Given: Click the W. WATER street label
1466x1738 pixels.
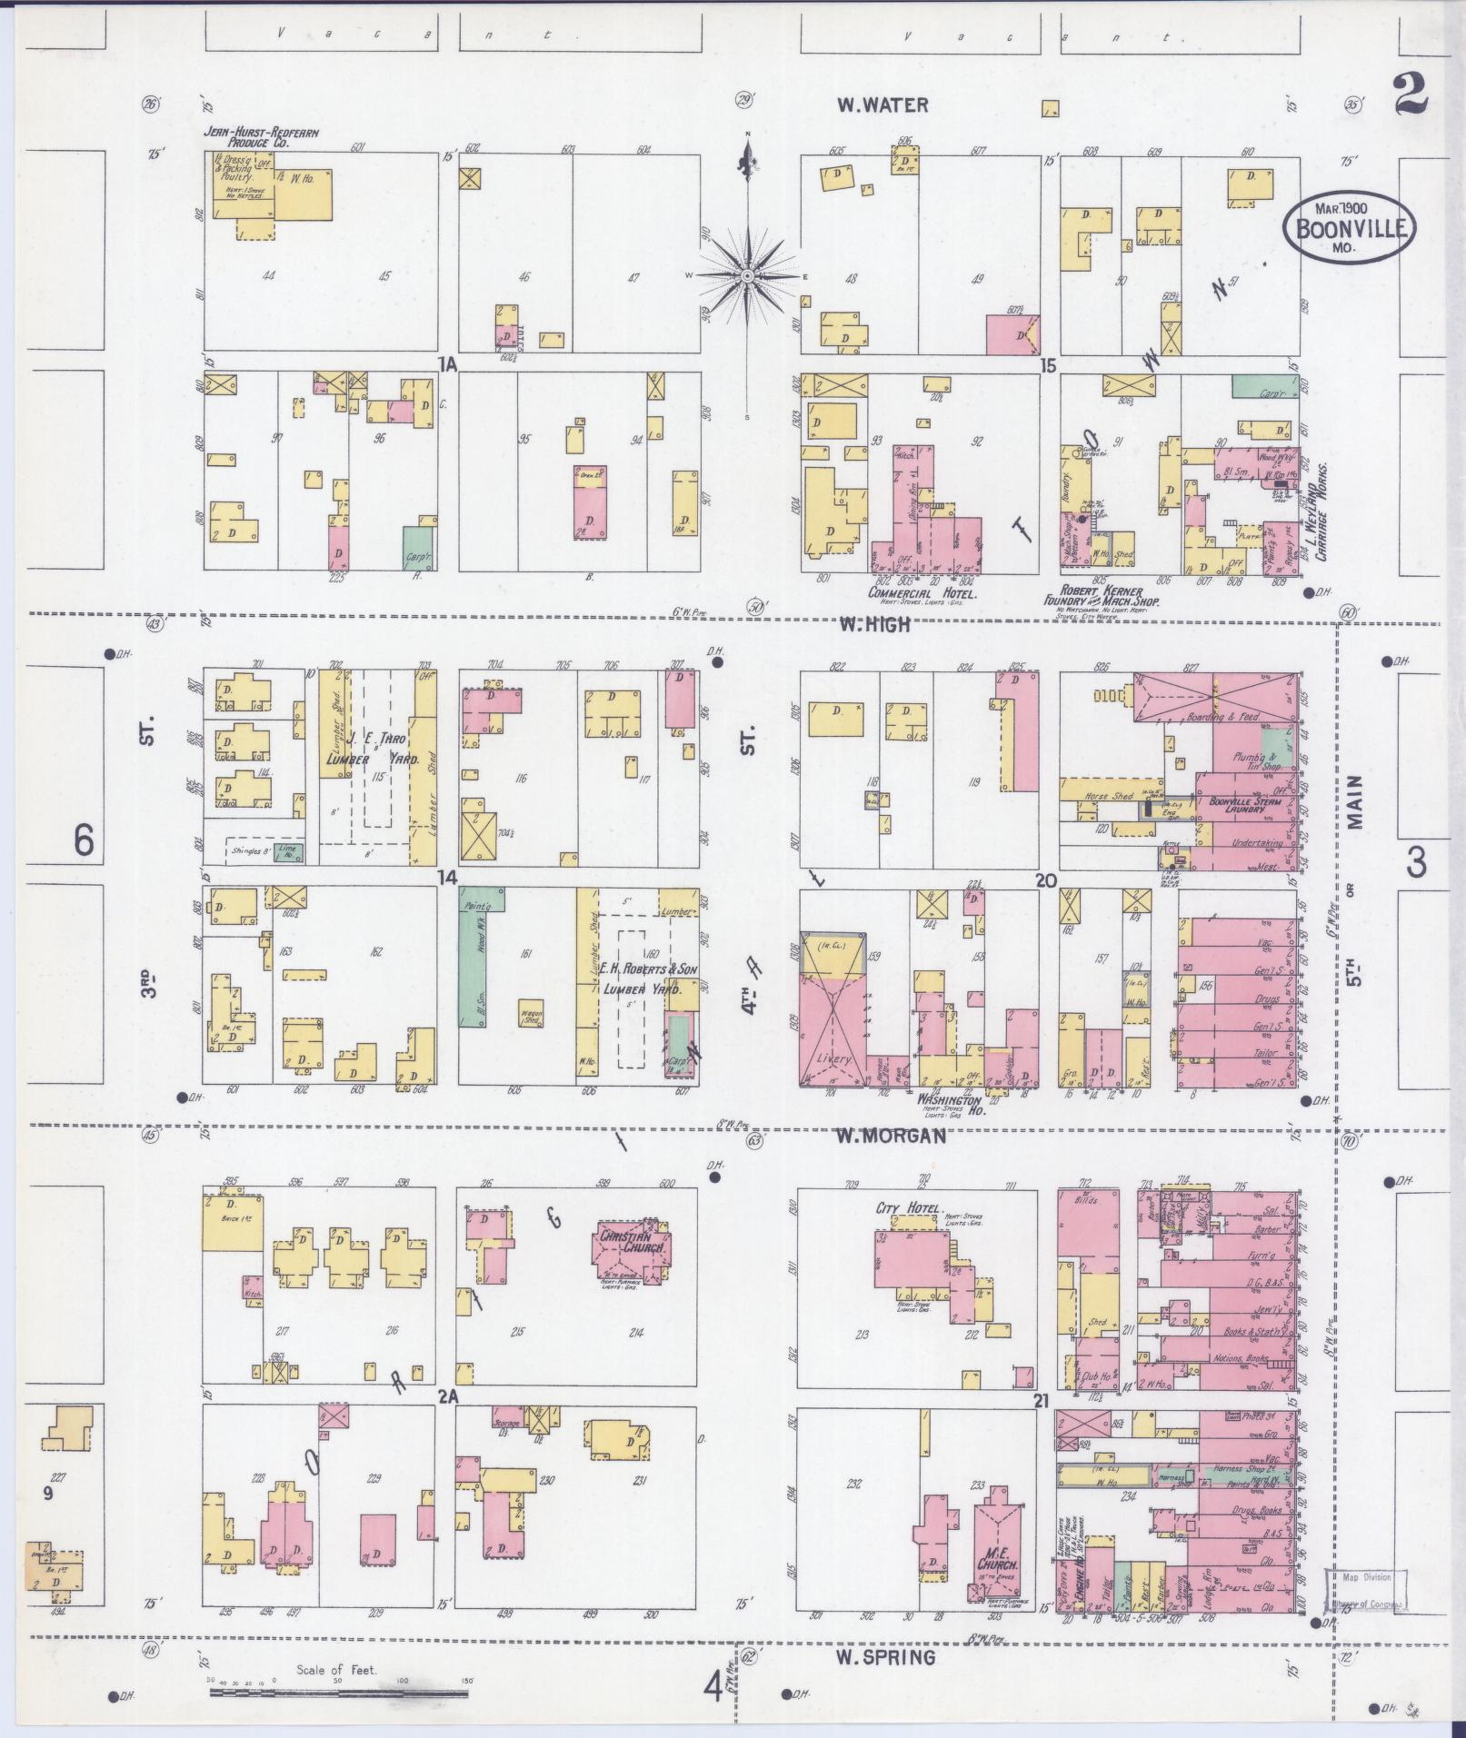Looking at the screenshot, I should coord(883,105).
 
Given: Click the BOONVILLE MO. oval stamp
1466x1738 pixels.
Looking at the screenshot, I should coord(1350,227).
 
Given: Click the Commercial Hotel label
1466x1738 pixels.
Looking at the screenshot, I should coord(922,593).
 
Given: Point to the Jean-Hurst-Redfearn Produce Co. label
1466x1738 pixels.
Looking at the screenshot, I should coord(260,137).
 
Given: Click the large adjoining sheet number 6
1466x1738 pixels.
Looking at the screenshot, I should coord(84,841).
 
